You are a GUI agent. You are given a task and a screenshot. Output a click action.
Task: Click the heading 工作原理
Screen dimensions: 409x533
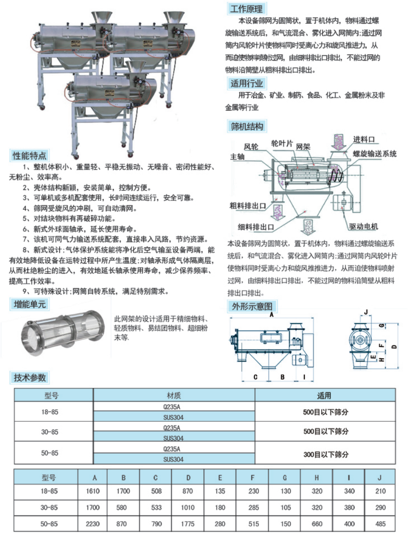246,8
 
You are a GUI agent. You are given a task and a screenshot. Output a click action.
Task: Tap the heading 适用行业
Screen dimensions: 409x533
247,83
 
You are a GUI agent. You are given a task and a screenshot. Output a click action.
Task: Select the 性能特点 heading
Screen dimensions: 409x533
29,156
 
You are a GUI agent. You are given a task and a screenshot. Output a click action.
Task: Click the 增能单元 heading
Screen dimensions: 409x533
29,304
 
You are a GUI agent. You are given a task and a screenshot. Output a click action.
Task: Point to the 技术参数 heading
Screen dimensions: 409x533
29,377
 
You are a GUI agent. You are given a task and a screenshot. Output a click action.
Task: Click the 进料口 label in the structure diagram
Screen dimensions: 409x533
364,139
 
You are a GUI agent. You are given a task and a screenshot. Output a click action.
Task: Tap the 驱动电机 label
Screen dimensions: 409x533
363,227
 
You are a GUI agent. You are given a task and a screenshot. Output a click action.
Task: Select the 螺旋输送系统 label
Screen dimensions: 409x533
374,154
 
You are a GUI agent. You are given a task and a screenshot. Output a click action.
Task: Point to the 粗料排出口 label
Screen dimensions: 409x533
248,206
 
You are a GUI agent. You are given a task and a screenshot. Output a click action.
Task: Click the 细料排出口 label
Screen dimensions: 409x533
256,227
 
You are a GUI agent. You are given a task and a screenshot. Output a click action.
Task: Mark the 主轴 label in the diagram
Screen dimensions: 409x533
237,156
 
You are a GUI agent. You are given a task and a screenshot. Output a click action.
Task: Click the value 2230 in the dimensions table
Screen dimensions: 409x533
93,524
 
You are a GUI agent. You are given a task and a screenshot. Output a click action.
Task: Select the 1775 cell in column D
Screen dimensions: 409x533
187,524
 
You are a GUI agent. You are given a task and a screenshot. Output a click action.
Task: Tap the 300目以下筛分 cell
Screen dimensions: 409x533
326,455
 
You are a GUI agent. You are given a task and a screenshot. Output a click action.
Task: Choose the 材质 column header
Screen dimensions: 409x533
174,395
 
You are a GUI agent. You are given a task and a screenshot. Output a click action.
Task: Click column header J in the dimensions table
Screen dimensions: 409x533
380,477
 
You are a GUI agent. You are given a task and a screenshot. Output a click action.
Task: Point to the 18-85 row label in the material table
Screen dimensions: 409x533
50,412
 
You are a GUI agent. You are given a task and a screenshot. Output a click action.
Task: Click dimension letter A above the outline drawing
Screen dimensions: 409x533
272,315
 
